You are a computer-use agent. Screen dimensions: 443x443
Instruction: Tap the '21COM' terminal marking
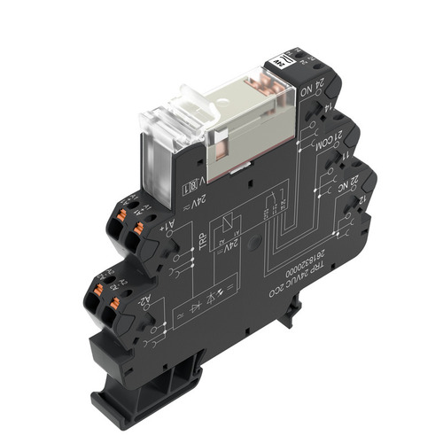pos(327,144)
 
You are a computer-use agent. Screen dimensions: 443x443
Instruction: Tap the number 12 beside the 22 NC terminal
pos(358,204)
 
